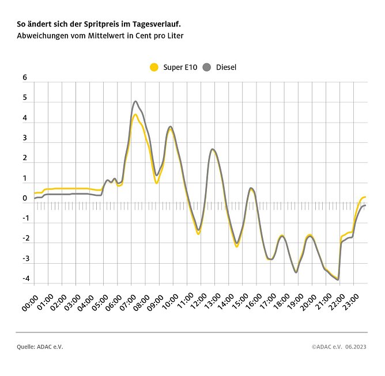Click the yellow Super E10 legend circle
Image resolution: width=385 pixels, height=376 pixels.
154,67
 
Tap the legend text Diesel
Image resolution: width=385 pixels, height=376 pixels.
226,67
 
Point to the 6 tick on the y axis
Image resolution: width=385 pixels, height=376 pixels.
25,78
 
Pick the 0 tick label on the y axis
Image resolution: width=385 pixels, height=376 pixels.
25,199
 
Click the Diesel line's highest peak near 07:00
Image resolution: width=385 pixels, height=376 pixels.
135,101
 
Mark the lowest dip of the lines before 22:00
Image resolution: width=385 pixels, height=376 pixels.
337,279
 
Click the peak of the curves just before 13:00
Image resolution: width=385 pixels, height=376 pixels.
213,149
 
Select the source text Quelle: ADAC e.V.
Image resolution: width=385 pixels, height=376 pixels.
40,347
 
